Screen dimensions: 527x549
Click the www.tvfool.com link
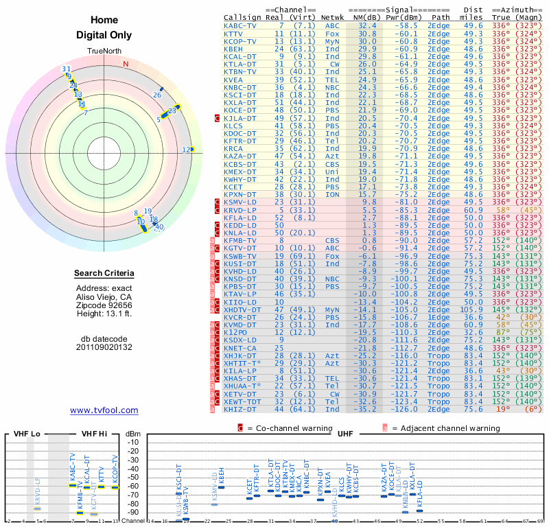point(104,410)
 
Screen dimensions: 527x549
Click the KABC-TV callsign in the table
point(240,25)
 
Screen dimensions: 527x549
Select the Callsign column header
point(241,17)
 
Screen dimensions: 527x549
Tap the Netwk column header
point(333,17)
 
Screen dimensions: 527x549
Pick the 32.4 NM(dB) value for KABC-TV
point(367,25)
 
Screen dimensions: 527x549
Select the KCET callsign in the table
point(233,187)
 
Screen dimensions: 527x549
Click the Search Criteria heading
point(104,274)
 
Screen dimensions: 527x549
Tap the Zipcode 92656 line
point(104,305)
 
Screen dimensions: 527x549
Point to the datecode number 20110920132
point(104,347)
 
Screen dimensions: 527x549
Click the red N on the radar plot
point(126,65)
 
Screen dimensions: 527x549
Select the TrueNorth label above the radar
point(104,52)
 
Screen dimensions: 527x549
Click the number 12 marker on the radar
point(186,150)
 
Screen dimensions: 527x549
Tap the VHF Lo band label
point(26,434)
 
